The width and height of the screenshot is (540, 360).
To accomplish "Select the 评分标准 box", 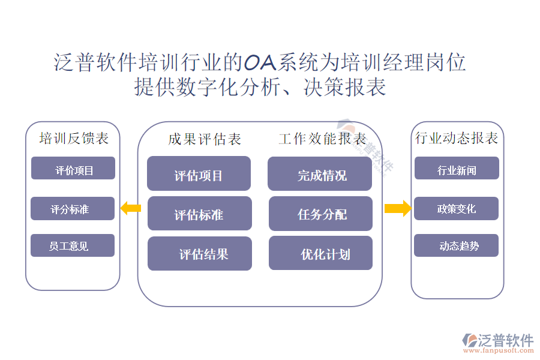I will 73,208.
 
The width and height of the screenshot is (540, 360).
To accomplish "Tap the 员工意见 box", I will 73,245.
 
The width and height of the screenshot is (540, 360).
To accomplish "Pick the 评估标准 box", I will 199,214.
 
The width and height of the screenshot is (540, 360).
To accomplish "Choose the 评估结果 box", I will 200,253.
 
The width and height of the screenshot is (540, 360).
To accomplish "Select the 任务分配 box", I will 320,214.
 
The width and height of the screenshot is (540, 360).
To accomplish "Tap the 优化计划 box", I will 320,253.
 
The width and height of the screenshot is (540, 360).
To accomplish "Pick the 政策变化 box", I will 456,208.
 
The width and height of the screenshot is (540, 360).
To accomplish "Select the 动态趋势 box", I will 456,245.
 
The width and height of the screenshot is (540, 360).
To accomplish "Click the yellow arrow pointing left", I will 131,209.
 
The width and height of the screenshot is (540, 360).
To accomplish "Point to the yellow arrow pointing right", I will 397,209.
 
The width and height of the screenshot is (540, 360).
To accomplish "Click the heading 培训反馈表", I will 74,138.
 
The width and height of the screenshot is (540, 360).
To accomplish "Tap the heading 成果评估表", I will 205,139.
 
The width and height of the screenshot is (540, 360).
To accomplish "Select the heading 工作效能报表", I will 322,139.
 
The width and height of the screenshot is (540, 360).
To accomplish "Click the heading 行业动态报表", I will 457,138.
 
